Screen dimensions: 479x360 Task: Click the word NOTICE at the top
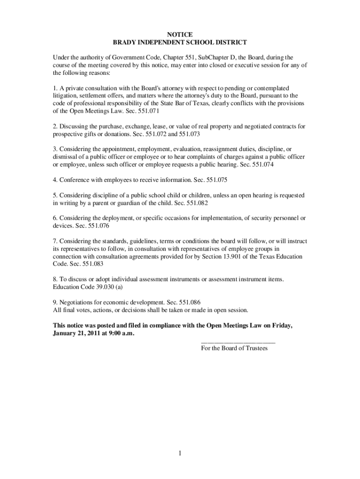pyautogui.click(x=180, y=34)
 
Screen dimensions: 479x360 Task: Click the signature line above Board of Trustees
pyautogui.click(x=238, y=342)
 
